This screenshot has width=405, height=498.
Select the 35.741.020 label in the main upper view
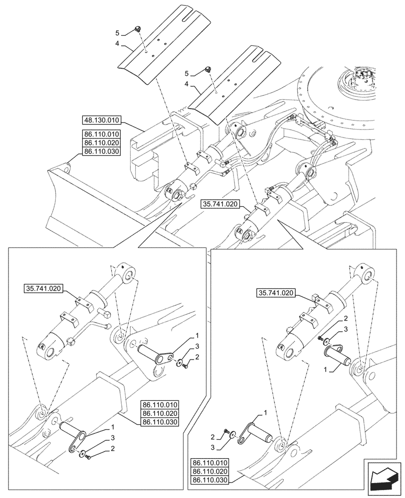[220, 203]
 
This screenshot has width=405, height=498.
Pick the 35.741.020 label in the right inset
[277, 292]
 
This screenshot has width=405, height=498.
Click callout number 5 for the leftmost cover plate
[118, 33]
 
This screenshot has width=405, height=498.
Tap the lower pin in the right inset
[259, 430]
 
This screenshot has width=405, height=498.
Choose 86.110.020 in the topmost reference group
[101, 142]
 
